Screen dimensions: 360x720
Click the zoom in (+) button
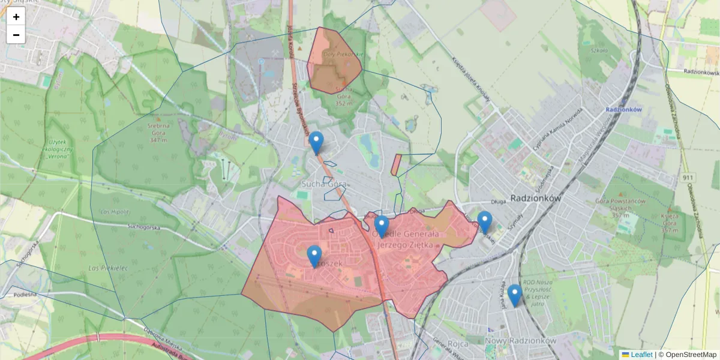tap(16, 17)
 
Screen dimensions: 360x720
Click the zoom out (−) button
tap(16, 35)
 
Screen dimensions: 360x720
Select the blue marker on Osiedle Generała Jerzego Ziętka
tap(382, 226)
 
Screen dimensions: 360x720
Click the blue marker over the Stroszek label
tap(314, 256)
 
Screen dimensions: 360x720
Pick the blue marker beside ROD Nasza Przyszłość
tap(514, 295)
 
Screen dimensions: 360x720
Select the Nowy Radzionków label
tap(520, 340)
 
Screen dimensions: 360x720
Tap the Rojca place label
tap(458, 343)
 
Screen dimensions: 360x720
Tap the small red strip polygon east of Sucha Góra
tap(396, 164)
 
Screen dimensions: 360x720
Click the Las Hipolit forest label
tap(114, 212)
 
